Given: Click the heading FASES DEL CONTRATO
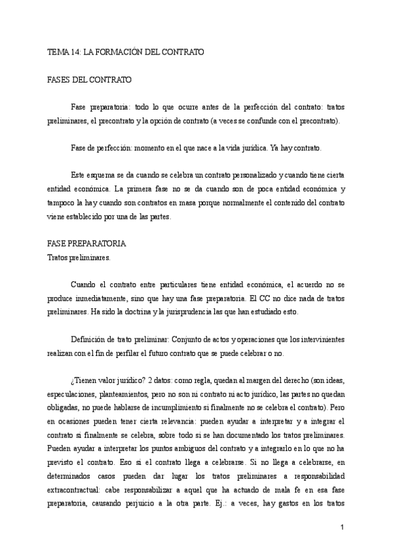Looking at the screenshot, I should click(x=90, y=80).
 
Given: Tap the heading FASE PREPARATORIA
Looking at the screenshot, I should click(x=87, y=243).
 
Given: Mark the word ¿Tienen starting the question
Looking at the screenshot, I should click(x=83, y=381).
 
